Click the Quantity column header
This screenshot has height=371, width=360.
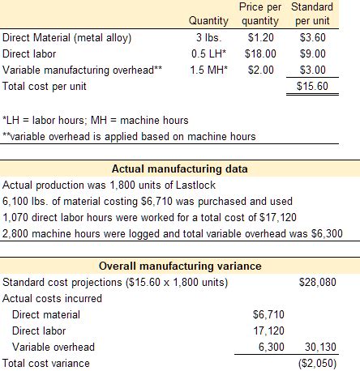[x=208, y=21]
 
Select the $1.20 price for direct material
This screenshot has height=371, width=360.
[x=261, y=37]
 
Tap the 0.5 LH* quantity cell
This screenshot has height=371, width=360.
[x=208, y=53]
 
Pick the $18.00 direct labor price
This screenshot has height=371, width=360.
[x=260, y=53]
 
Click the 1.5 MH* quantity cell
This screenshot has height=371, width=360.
[x=208, y=70]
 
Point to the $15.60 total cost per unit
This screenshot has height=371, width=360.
[x=312, y=86]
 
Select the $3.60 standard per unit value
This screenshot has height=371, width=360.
[x=313, y=37]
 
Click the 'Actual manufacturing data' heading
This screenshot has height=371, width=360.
[x=180, y=168]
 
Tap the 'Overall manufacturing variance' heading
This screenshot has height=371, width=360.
[x=180, y=266]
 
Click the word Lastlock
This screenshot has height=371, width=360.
[x=195, y=185]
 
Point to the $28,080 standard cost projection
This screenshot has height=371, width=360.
[x=318, y=282]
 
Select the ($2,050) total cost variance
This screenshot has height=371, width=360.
[x=318, y=364]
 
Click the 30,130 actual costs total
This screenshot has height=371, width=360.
[x=320, y=347]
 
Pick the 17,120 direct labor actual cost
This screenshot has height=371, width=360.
[x=268, y=330]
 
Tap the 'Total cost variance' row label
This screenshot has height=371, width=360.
[x=46, y=363]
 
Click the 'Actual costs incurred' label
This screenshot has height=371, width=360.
[x=52, y=298]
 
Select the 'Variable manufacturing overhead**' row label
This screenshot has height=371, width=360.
[x=82, y=70]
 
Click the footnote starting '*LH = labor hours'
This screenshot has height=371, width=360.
[x=96, y=120]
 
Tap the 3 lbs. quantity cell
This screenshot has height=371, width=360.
[x=208, y=37]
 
